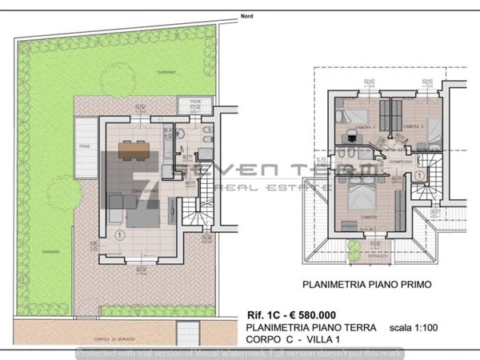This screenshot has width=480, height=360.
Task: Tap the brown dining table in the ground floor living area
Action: pyautogui.click(x=135, y=148)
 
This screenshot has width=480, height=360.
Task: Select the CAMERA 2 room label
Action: pyautogui.click(x=412, y=127)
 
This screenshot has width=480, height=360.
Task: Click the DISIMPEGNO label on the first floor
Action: pyautogui.click(x=400, y=162)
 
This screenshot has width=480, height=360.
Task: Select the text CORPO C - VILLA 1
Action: pyautogui.click(x=295, y=340)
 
